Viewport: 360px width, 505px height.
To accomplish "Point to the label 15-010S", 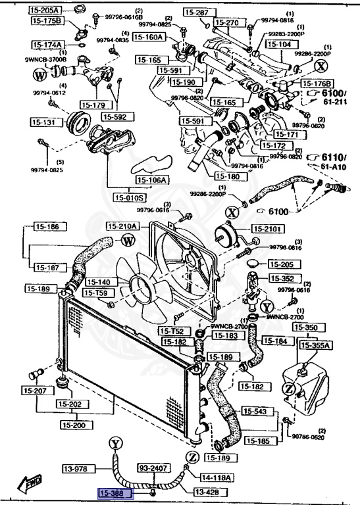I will pos(130,197).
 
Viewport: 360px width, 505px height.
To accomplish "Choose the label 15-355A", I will pos(315,344).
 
